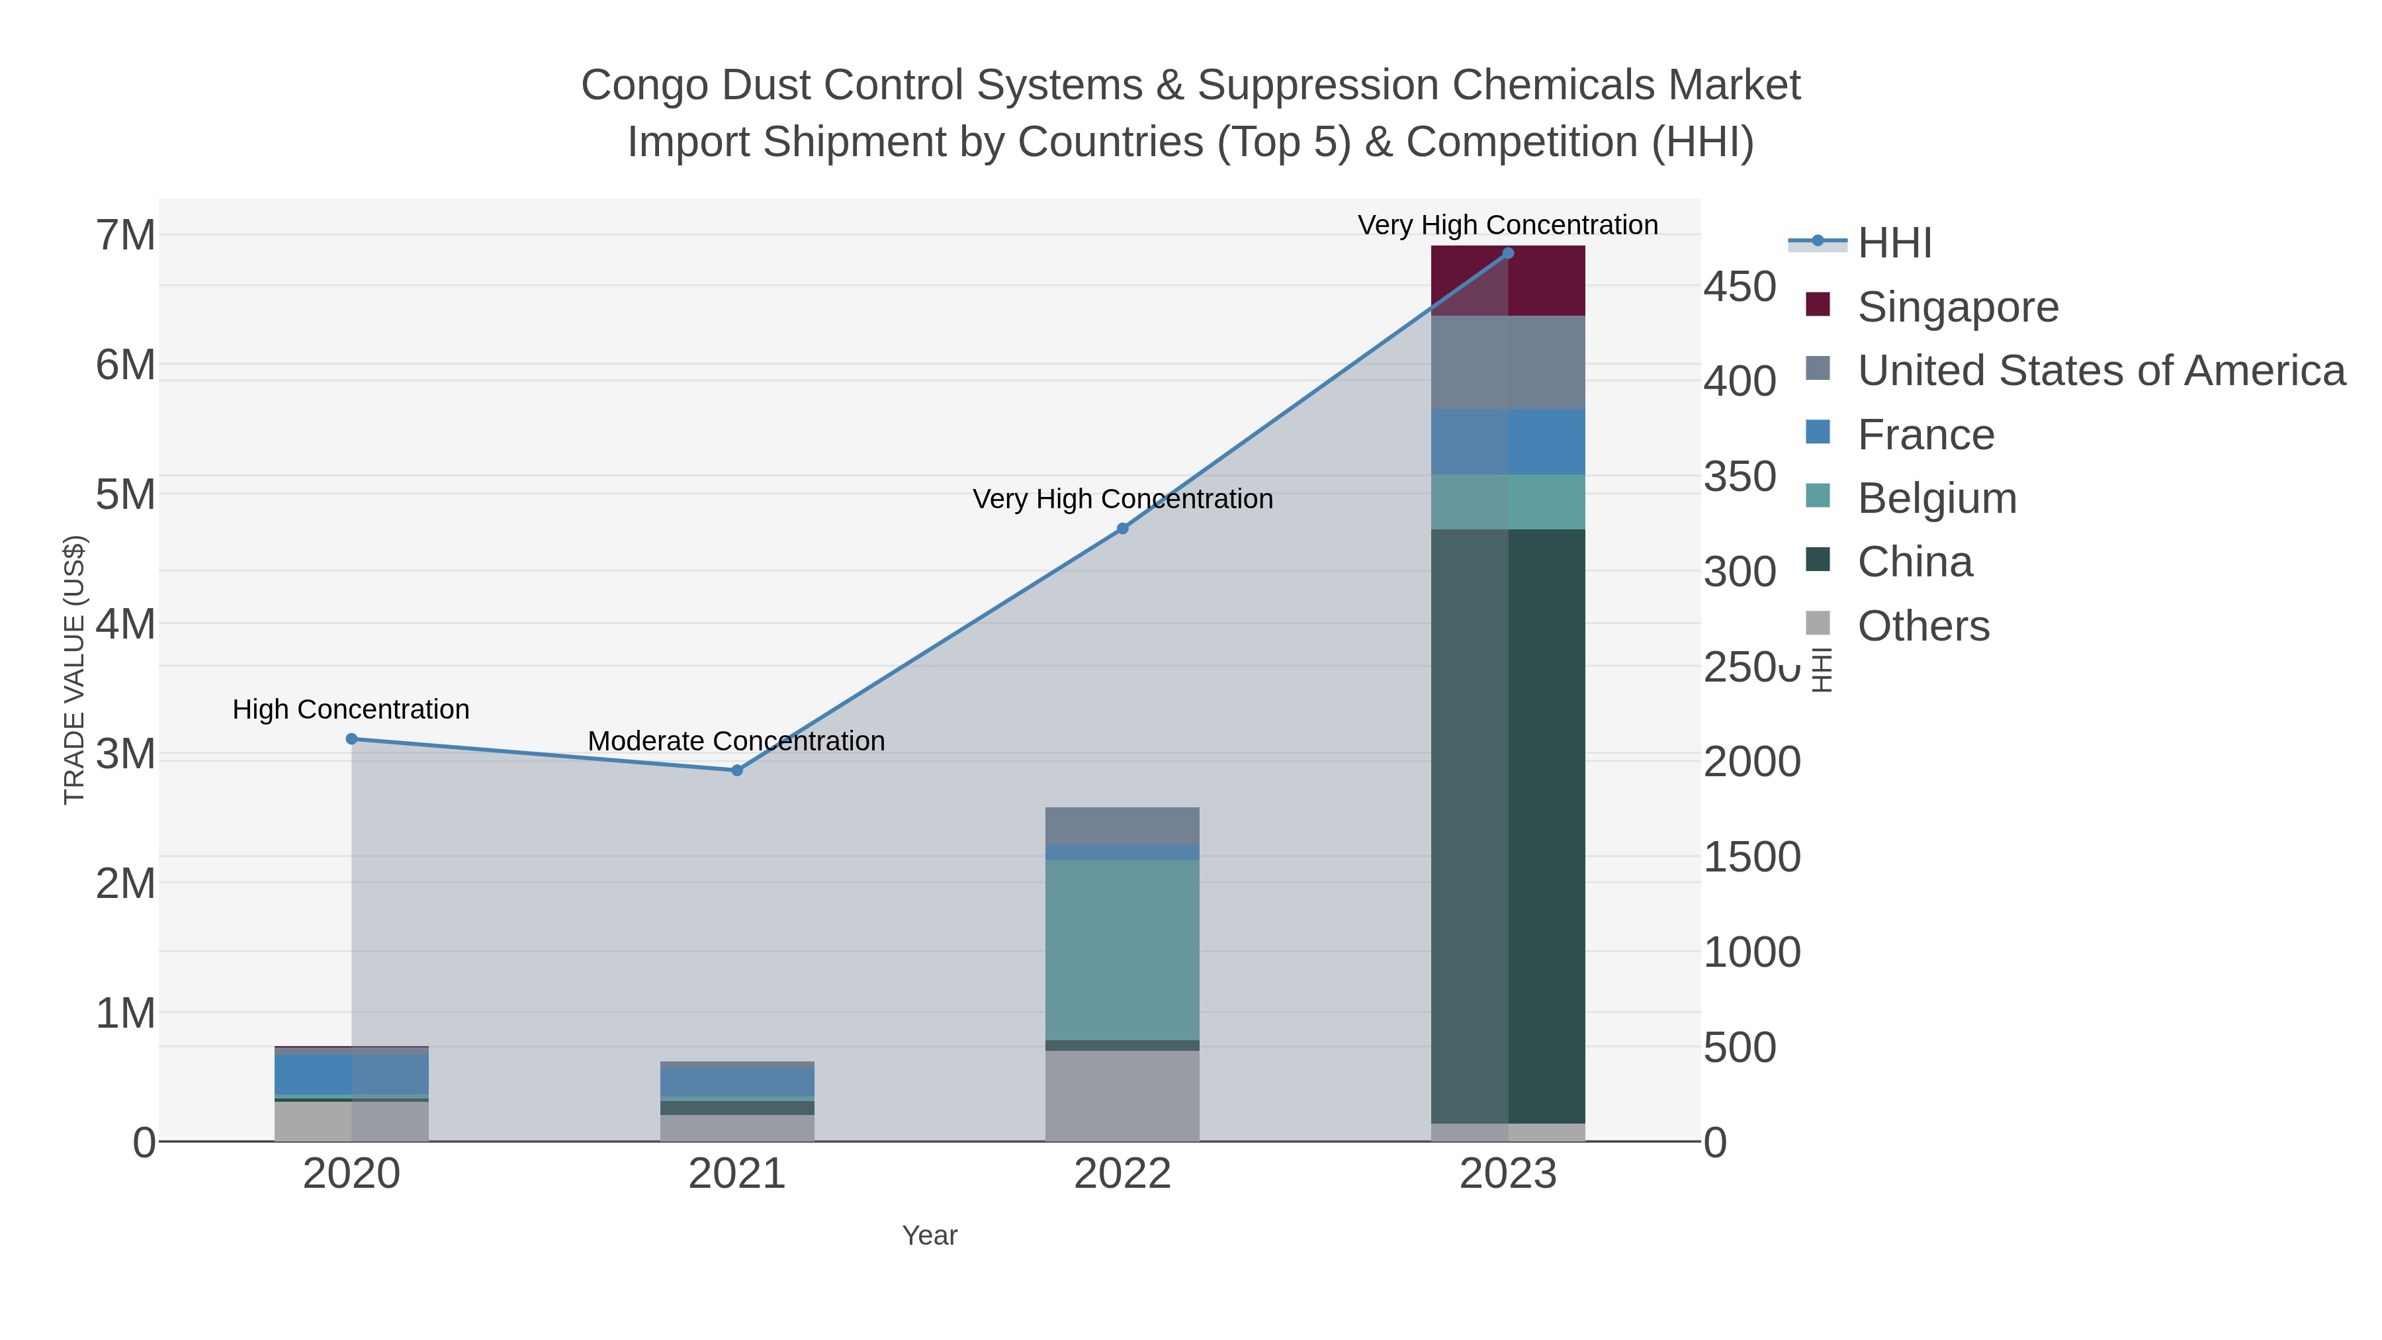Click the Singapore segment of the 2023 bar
click(x=1508, y=281)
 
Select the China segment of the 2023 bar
click(x=1508, y=826)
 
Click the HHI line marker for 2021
click(x=737, y=770)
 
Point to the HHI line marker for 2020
click(x=351, y=739)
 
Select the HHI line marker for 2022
click(x=1123, y=529)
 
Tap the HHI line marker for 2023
click(x=1508, y=253)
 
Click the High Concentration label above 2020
click(x=351, y=709)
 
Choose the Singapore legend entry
click(x=1958, y=307)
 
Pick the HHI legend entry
click(x=1894, y=244)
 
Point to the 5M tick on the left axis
click(x=126, y=495)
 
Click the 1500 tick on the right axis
click(x=1751, y=857)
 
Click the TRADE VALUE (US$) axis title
click(x=74, y=670)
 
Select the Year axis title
click(x=930, y=1235)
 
